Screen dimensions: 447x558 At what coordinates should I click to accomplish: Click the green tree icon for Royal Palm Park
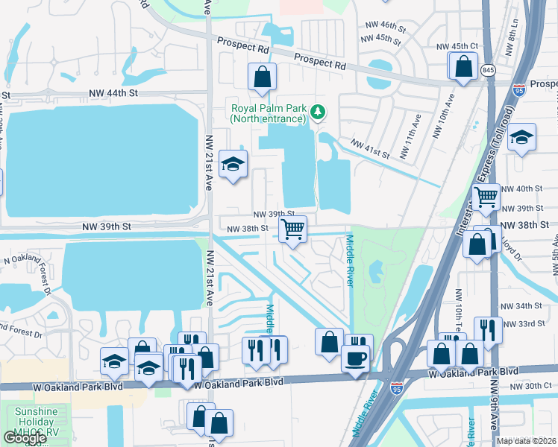pos(319,112)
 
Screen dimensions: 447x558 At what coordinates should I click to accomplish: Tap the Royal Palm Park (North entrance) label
pos(268,112)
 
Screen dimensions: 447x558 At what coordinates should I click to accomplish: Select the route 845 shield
pos(488,70)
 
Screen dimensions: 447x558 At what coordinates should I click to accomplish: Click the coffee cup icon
pos(355,357)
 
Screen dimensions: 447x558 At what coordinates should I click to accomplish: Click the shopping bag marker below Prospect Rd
pos(263,76)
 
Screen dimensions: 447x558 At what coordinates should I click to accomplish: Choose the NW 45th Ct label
pos(463,45)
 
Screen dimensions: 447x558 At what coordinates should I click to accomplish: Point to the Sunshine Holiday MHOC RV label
pos(33,422)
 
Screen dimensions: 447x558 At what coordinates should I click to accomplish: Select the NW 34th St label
pos(521,306)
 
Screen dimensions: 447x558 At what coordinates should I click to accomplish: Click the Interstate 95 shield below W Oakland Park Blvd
pos(396,388)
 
